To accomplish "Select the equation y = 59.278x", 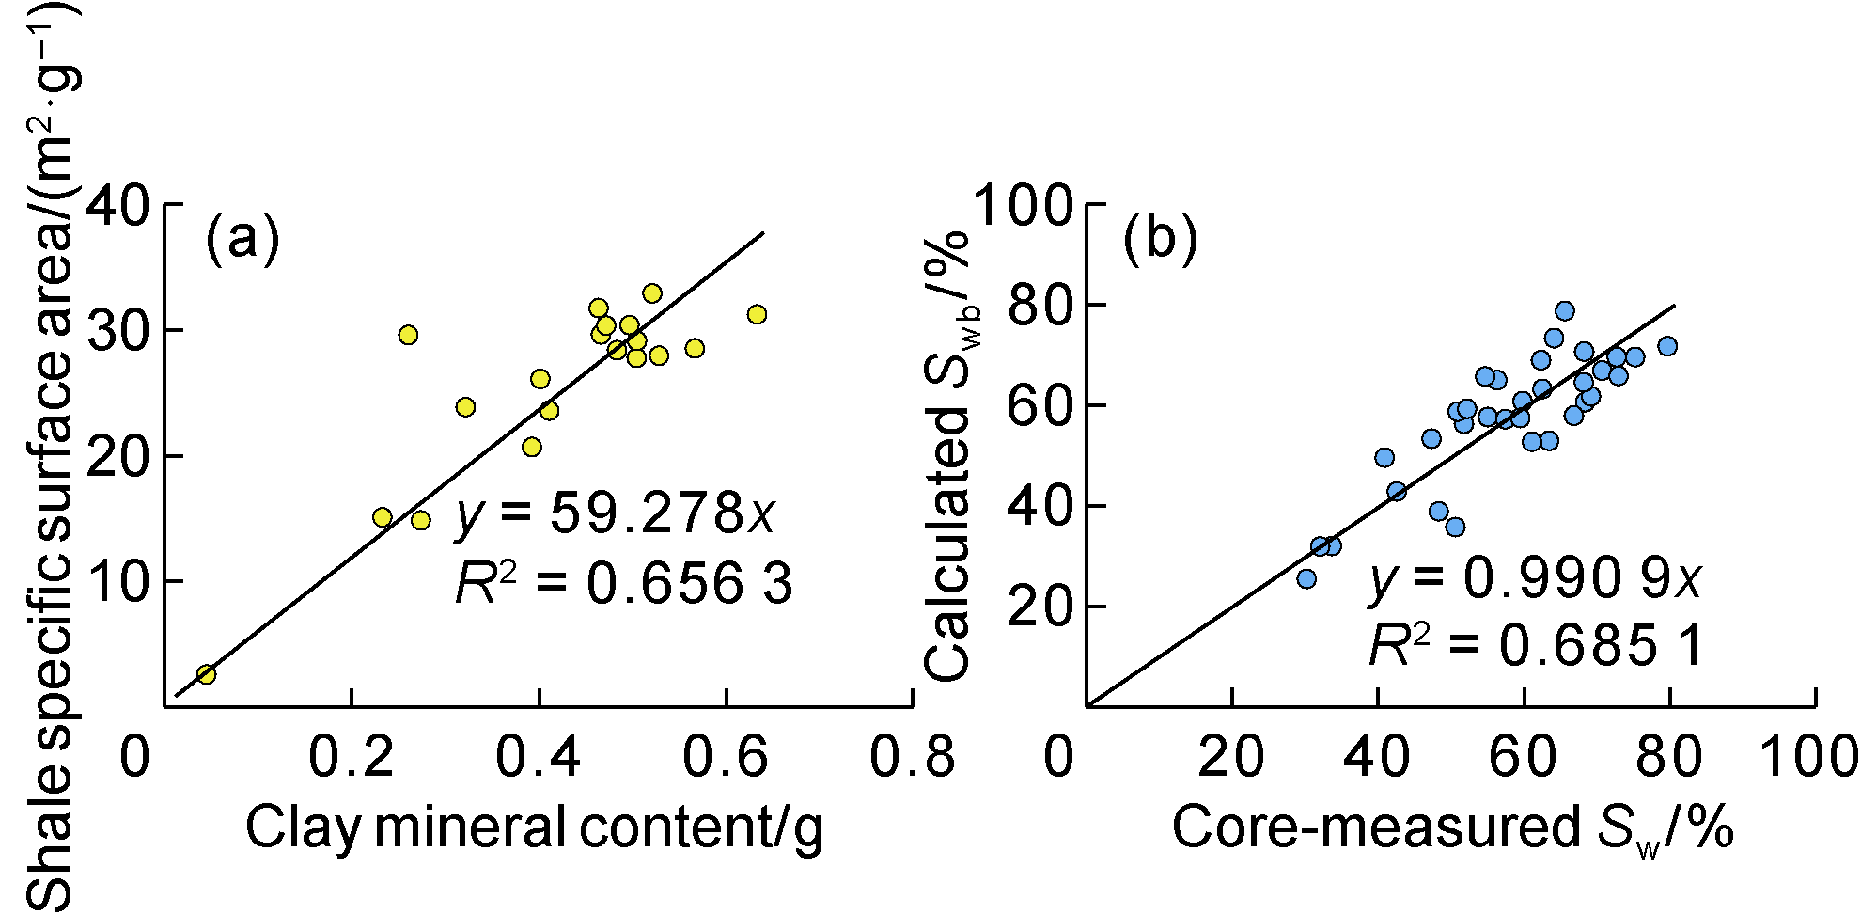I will (616, 514).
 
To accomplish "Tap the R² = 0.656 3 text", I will (623, 584).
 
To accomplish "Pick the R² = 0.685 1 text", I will (1535, 646).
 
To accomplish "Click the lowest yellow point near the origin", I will (206, 674).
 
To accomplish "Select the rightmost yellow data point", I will (757, 314).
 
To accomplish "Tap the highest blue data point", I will (1565, 311).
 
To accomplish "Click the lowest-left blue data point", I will (1306, 579).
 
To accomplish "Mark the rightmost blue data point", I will (1667, 346).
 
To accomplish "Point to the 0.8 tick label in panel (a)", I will (912, 757).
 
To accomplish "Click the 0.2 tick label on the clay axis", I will (352, 757).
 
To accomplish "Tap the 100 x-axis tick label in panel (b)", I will (1808, 757).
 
